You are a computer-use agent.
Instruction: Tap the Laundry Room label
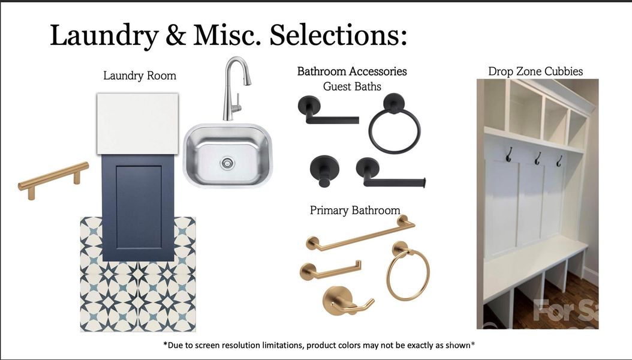point(140,76)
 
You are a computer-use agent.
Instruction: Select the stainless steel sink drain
point(227,161)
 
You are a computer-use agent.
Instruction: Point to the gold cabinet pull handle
point(53,176)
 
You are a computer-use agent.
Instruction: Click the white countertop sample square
point(138,123)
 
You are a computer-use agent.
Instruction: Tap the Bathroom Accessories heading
point(352,71)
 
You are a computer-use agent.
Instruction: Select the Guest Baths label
point(352,86)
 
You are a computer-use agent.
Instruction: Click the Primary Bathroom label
point(355,211)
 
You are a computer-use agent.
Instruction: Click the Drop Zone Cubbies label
point(535,71)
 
